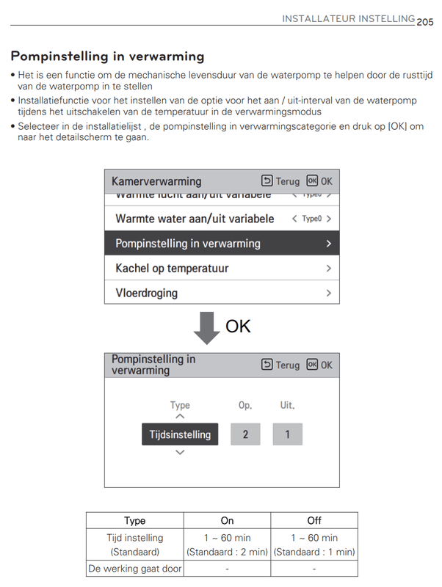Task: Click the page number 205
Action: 425,22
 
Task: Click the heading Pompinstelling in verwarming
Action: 107,56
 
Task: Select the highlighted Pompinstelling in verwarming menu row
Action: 222,244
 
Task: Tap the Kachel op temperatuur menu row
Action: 222,269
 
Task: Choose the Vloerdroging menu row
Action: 222,293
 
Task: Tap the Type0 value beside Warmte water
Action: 312,219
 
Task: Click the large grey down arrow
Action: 207,327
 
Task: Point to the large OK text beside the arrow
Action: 238,326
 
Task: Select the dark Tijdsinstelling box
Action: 180,434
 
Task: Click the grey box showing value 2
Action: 245,434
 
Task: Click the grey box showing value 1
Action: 287,434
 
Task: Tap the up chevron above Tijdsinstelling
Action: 180,416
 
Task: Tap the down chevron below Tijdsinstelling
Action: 180,453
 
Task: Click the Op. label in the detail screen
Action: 245,405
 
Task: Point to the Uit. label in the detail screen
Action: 287,405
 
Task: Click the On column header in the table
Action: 228,520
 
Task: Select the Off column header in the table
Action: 314,520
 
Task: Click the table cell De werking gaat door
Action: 135,568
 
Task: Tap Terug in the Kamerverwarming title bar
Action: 280,181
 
